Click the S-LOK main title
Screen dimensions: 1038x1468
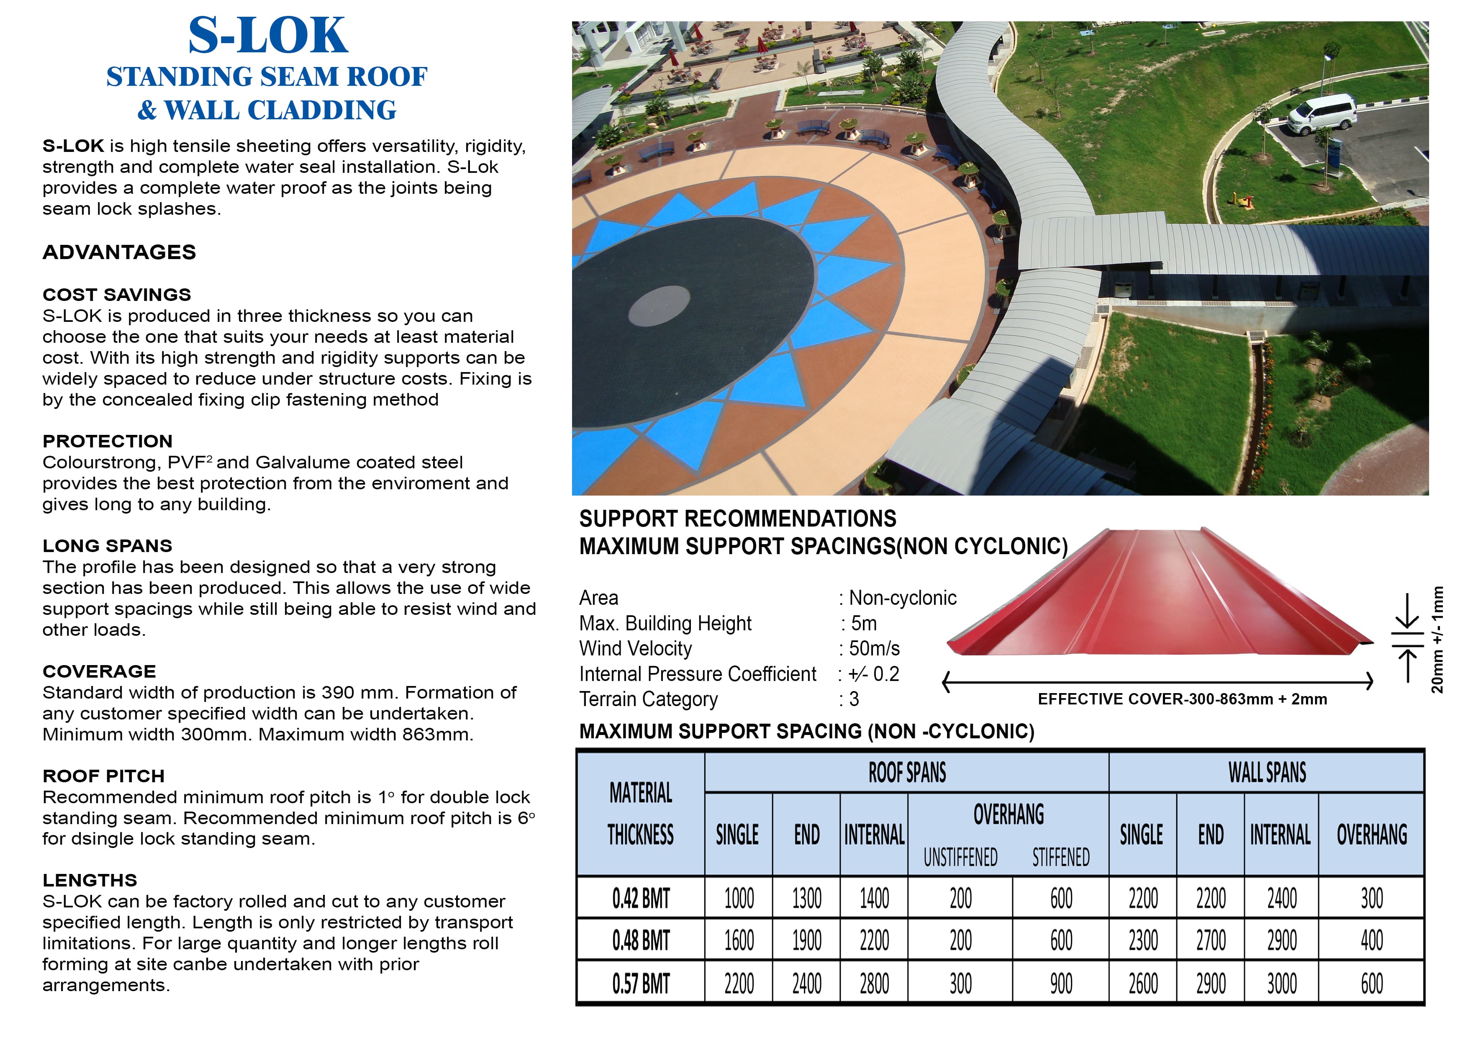click(x=267, y=36)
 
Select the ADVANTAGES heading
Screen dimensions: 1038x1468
click(x=119, y=252)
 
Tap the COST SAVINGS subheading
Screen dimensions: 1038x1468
click(x=116, y=294)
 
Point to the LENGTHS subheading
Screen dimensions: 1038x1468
click(x=90, y=880)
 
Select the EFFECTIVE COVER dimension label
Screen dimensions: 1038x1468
click(x=1182, y=699)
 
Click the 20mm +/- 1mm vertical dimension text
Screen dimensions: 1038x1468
click(x=1437, y=640)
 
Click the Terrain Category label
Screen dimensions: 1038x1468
click(x=648, y=699)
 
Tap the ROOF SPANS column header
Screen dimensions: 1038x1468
click(x=907, y=773)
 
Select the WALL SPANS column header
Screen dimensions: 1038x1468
click(x=1267, y=773)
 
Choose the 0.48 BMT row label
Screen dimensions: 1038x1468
click(x=641, y=940)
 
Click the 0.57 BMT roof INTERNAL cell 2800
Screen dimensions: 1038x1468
click(x=874, y=984)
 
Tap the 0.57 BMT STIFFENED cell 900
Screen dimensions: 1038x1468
click(x=1061, y=984)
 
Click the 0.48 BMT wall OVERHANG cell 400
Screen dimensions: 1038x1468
click(x=1371, y=940)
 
